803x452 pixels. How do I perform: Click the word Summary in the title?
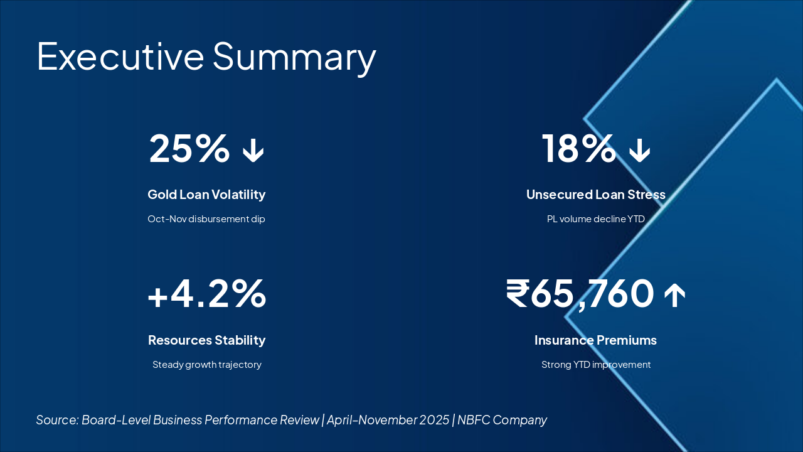[294, 57]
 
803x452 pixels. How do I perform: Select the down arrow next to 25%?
[253, 151]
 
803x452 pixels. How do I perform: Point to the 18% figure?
[578, 149]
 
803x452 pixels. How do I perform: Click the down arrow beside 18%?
[640, 151]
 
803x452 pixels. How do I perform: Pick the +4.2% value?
[206, 294]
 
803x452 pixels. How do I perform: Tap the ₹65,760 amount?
[580, 294]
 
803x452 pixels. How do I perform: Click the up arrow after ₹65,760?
[674, 295]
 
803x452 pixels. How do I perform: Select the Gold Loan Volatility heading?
[206, 195]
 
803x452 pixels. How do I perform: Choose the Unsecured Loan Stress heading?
[595, 195]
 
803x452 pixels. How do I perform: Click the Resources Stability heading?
[206, 340]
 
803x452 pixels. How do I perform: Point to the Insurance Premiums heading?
[595, 340]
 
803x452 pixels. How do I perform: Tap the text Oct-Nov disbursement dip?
[206, 219]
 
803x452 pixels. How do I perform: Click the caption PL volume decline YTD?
[595, 219]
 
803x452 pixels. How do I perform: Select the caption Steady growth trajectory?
[206, 365]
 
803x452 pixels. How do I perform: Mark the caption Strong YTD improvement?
[595, 365]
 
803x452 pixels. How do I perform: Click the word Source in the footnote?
[57, 420]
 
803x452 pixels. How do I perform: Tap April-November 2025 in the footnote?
[388, 420]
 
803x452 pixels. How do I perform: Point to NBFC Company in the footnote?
[502, 420]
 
